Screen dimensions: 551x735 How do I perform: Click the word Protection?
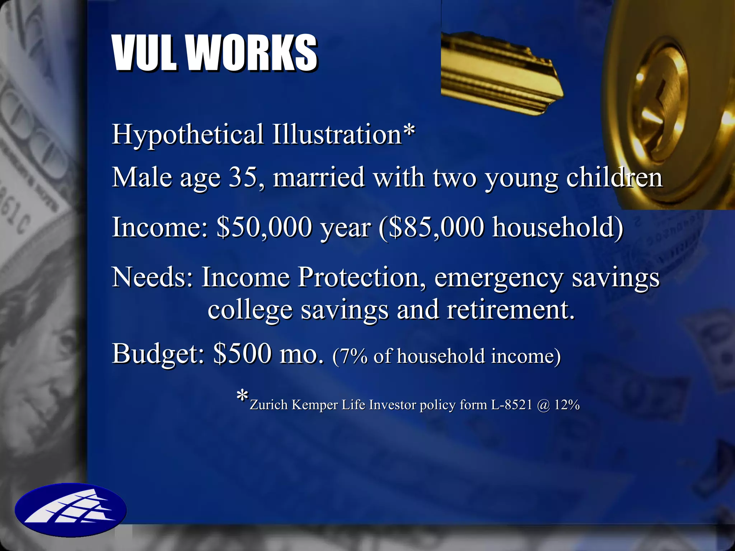pos(359,277)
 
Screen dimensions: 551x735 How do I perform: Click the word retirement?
pos(510,310)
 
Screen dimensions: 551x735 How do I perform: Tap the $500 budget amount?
pos(242,354)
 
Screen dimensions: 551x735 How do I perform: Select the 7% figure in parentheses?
pos(353,357)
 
